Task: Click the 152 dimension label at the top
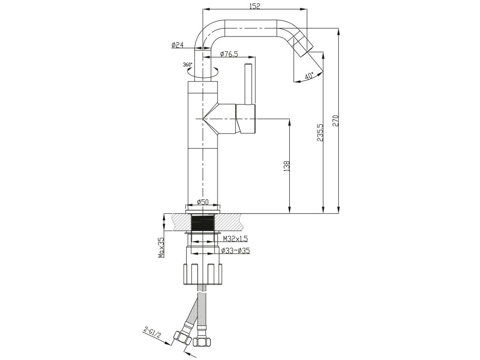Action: pos(255,6)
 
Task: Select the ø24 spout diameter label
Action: pos(177,45)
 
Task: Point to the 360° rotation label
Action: pos(187,64)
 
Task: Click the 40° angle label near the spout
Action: pos(309,75)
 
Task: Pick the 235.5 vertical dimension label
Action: pos(320,133)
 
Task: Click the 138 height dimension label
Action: pos(287,166)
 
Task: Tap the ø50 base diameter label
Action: pos(202,202)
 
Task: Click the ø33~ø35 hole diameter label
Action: pos(234,251)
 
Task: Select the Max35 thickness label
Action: pos(161,247)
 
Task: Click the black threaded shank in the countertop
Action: pos(203,223)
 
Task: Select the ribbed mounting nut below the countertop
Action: pos(203,274)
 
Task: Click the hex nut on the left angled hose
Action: pos(180,337)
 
